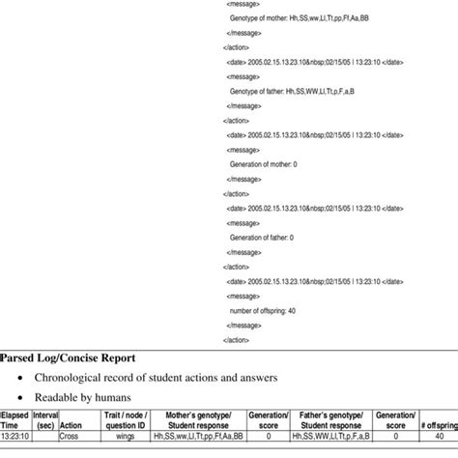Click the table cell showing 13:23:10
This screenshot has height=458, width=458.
[x=14, y=436]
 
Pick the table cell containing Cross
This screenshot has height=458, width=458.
[x=70, y=436]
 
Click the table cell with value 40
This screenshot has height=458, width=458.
[x=438, y=436]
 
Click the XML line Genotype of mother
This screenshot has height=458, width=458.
[x=290, y=18]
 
